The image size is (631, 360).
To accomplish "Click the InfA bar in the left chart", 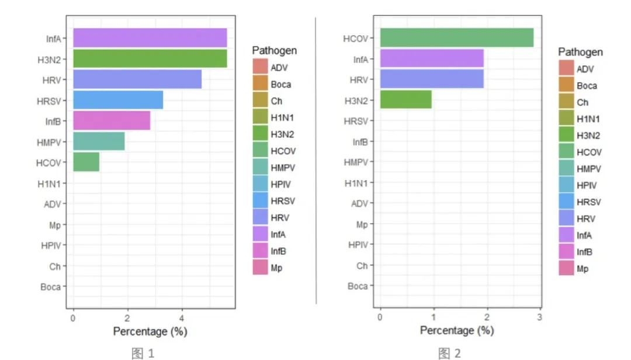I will (x=150, y=38).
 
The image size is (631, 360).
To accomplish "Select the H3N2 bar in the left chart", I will (x=150, y=59).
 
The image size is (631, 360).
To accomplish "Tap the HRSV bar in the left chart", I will (x=118, y=100).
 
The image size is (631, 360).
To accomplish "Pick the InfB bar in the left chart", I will (x=112, y=120).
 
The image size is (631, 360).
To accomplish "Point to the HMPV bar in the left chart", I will (x=99, y=141).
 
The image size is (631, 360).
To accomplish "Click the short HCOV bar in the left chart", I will (x=86, y=162).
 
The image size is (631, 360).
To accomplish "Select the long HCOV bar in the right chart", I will (x=457, y=37).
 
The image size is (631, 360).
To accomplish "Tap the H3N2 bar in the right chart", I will (x=406, y=99).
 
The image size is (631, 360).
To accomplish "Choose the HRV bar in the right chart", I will (x=432, y=79).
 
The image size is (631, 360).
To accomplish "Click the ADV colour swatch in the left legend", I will (x=260, y=67).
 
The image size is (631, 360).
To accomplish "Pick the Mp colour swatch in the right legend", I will (x=566, y=269).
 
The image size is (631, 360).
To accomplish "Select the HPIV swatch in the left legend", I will (x=260, y=184).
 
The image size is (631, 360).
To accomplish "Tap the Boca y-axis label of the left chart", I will (x=50, y=287).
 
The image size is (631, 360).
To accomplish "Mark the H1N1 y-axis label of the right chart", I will (x=356, y=183).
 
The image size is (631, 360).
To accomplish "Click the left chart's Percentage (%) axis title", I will (x=150, y=331).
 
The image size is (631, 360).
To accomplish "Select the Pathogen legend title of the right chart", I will (x=580, y=52).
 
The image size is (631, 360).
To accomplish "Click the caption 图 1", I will (x=143, y=352).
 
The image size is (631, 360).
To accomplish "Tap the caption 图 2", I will (x=449, y=352).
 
